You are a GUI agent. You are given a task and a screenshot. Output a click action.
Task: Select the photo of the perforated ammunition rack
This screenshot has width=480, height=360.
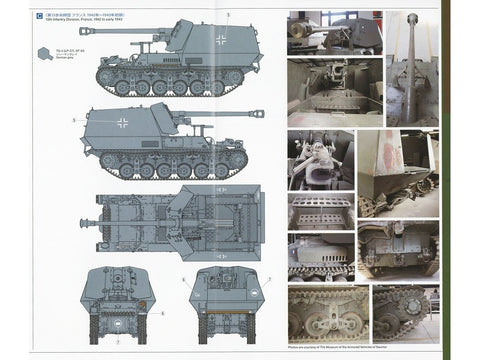pyautogui.click(x=321, y=211)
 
